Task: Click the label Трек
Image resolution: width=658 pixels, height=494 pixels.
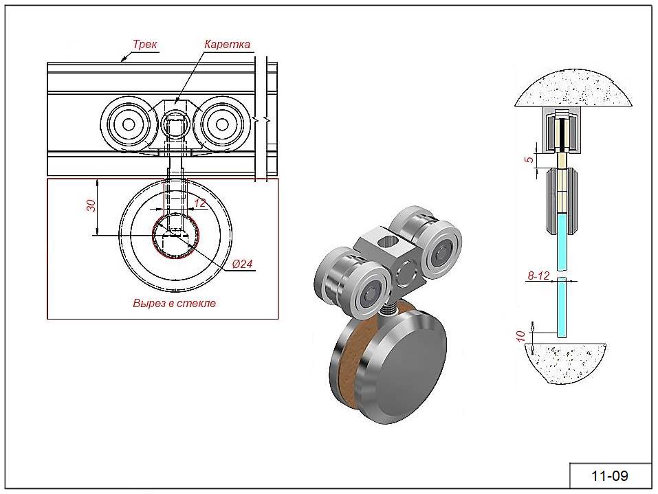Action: pyautogui.click(x=146, y=44)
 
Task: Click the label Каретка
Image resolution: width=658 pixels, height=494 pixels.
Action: pyautogui.click(x=227, y=44)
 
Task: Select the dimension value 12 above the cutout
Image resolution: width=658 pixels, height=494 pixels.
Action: pyautogui.click(x=200, y=203)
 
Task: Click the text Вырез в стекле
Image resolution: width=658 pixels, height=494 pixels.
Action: pyautogui.click(x=174, y=303)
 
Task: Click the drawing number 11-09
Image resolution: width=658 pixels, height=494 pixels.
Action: pyautogui.click(x=610, y=475)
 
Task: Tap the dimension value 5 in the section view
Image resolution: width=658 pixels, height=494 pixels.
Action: pyautogui.click(x=528, y=160)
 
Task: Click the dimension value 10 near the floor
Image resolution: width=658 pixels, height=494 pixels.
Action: pyautogui.click(x=520, y=337)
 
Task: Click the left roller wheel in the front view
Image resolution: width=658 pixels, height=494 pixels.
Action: pyautogui.click(x=127, y=124)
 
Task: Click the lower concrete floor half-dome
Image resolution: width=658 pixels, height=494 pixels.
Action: pyautogui.click(x=567, y=360)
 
